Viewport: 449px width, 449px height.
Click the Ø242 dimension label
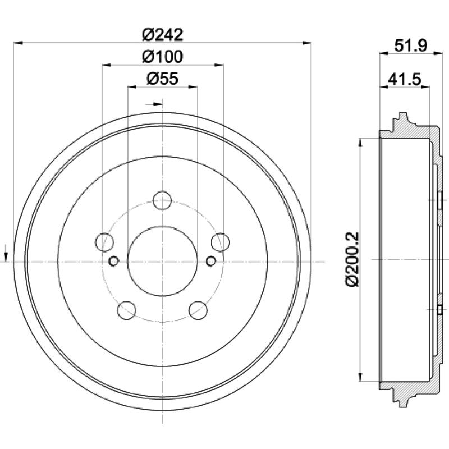coord(162,35)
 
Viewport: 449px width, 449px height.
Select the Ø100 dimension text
coord(162,57)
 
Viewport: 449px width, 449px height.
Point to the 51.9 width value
coord(411,45)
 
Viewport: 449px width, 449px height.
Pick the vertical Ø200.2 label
coord(352,259)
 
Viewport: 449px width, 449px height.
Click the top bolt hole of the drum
coord(162,200)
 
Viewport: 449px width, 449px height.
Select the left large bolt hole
coord(104,242)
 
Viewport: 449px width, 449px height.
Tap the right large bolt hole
coord(221,242)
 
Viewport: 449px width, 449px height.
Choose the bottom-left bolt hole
coord(127,310)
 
